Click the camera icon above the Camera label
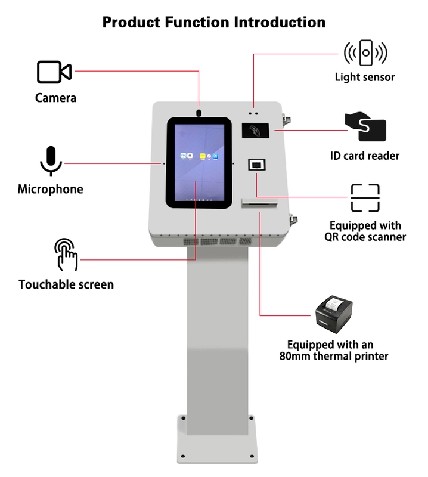[x=54, y=72]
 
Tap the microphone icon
[x=51, y=161]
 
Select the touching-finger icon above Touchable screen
[x=66, y=255]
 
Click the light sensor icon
[x=365, y=54]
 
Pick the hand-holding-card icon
[x=365, y=126]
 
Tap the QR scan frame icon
[x=365, y=198]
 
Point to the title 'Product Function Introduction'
[x=214, y=23]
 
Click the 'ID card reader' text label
[x=365, y=156]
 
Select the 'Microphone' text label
[x=51, y=190]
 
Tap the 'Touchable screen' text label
[x=66, y=284]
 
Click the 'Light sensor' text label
[x=365, y=77]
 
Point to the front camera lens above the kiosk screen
[x=199, y=111]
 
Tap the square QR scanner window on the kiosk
[x=256, y=165]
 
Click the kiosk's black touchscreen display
[x=199, y=163]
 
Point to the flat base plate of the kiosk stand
[x=218, y=441]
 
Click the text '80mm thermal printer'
[x=334, y=357]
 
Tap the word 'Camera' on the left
[x=56, y=98]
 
